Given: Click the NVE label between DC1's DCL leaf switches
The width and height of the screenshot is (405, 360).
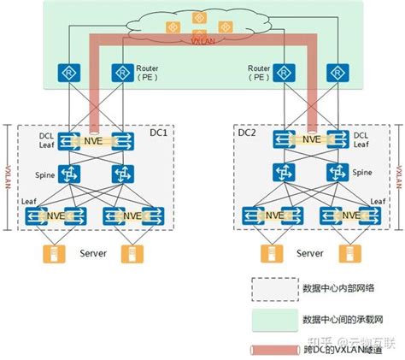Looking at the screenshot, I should click(93, 140).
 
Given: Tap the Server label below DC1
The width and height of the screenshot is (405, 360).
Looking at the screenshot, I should click(93, 254).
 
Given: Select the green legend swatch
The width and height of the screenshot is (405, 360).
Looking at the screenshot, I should click(270, 319).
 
